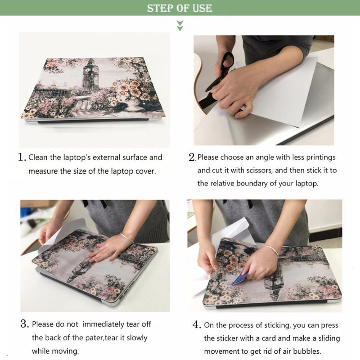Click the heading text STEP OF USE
(x=179, y=8)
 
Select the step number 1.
(x=22, y=157)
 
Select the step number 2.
(x=192, y=157)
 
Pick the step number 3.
(x=24, y=324)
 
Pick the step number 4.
(x=197, y=324)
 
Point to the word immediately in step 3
(x=103, y=324)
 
